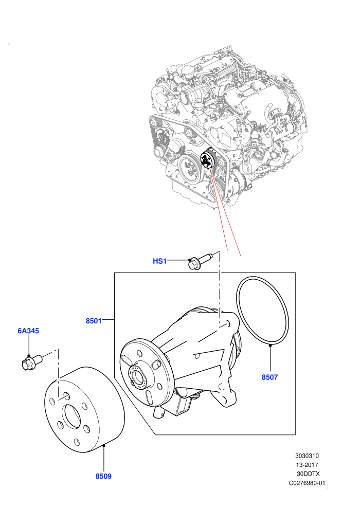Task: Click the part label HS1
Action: pyautogui.click(x=159, y=261)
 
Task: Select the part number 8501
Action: pyautogui.click(x=94, y=321)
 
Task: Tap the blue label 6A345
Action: pyautogui.click(x=28, y=331)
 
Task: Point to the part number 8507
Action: pyautogui.click(x=270, y=377)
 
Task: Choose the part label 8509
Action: pyautogui.click(x=103, y=476)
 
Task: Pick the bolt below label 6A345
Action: pyautogui.click(x=31, y=362)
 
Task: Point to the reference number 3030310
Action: pyautogui.click(x=307, y=456)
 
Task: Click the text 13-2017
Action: pyautogui.click(x=307, y=465)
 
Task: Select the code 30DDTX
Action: pyautogui.click(x=308, y=474)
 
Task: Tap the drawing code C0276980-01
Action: pyautogui.click(x=307, y=483)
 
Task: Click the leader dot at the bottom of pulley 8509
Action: pyautogui.click(x=103, y=446)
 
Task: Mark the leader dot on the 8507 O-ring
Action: pyautogui.click(x=270, y=346)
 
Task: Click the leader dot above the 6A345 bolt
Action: pyautogui.click(x=29, y=356)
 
